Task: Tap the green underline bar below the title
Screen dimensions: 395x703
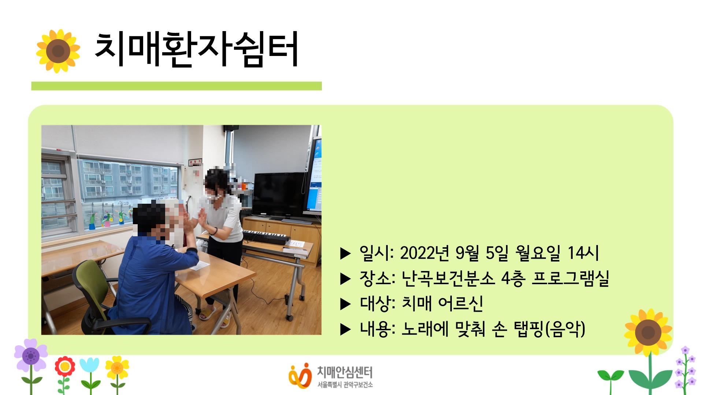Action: [x=176, y=86]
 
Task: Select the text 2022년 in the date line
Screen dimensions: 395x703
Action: [x=424, y=253]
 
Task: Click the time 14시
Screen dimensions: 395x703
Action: [x=583, y=253]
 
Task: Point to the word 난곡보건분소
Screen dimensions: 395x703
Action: [x=448, y=279]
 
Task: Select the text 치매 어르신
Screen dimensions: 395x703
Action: [x=442, y=304]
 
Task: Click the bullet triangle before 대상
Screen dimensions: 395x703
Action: [x=345, y=304]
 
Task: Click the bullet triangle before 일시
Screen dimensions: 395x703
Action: [x=345, y=253]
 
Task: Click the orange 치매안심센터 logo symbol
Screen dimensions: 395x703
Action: [x=300, y=375]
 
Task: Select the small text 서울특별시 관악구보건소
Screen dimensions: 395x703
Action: [x=345, y=385]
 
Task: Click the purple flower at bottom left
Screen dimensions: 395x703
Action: [x=31, y=355]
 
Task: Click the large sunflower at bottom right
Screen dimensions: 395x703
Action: [x=648, y=332]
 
